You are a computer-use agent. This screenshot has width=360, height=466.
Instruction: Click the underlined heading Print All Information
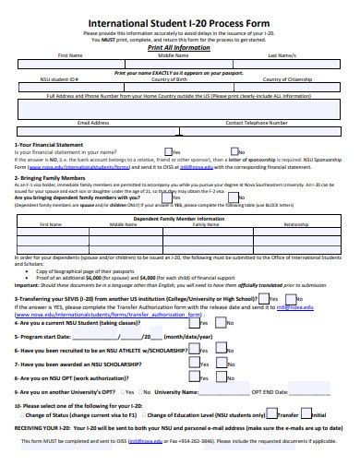[x=180, y=47]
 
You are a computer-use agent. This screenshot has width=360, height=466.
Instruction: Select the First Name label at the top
[x=57, y=55]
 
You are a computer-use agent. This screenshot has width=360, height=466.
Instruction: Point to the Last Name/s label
[x=282, y=55]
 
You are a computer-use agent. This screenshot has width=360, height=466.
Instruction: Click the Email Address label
[x=93, y=121]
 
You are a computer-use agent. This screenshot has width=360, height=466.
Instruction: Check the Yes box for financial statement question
[x=167, y=151]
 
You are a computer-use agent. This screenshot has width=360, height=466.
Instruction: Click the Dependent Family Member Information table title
[x=179, y=218]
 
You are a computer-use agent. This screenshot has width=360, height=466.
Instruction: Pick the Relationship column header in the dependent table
[x=296, y=224]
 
